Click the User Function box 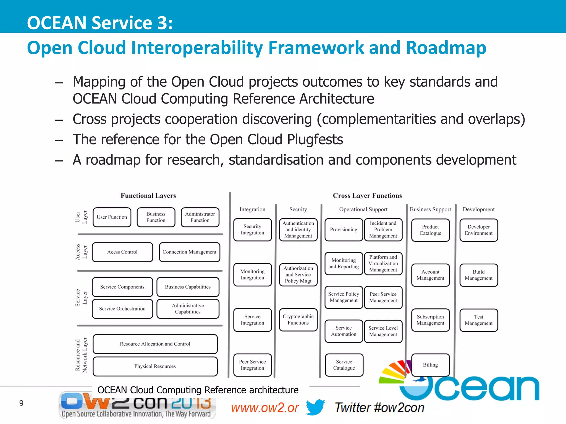(x=112, y=217)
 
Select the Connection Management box (x=190, y=252)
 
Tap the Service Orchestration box (x=122, y=309)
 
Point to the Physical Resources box (x=155, y=366)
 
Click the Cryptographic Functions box (x=298, y=320)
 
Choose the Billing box (x=430, y=365)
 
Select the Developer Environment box (x=479, y=230)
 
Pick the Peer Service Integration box (x=252, y=365)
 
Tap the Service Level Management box (x=383, y=331)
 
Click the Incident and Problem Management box (x=383, y=230)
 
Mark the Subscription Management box (x=430, y=320)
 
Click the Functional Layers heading (x=148, y=196)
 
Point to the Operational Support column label (x=363, y=210)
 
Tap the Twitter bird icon (x=315, y=407)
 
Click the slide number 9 (x=21, y=403)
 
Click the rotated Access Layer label (x=81, y=252)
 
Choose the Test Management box (x=479, y=320)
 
